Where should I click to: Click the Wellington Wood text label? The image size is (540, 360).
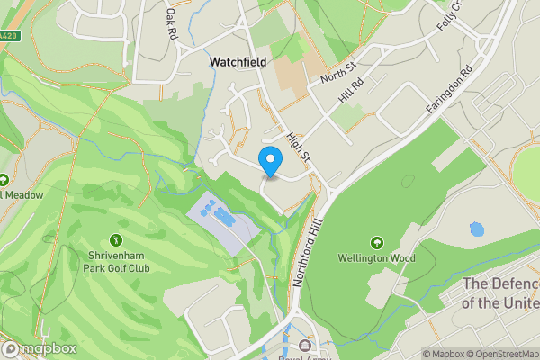point(376,259)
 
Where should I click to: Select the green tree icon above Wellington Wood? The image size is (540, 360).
point(376,243)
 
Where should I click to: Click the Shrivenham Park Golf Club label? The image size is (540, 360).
point(115,262)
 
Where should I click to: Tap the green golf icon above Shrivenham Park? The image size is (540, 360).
point(115,240)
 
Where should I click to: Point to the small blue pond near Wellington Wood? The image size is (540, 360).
point(476,229)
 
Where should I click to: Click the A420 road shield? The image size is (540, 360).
point(8,36)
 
